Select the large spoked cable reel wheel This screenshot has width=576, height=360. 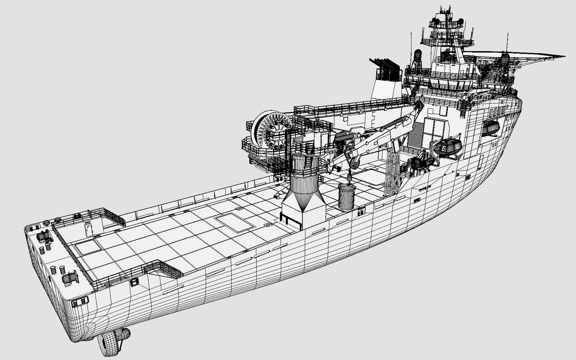[272, 130]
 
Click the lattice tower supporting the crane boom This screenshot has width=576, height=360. [392, 173]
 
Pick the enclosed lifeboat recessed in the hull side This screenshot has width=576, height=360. [490, 128]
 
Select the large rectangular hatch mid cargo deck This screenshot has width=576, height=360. [234, 222]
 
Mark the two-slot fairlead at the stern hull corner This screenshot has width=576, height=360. [80, 302]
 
